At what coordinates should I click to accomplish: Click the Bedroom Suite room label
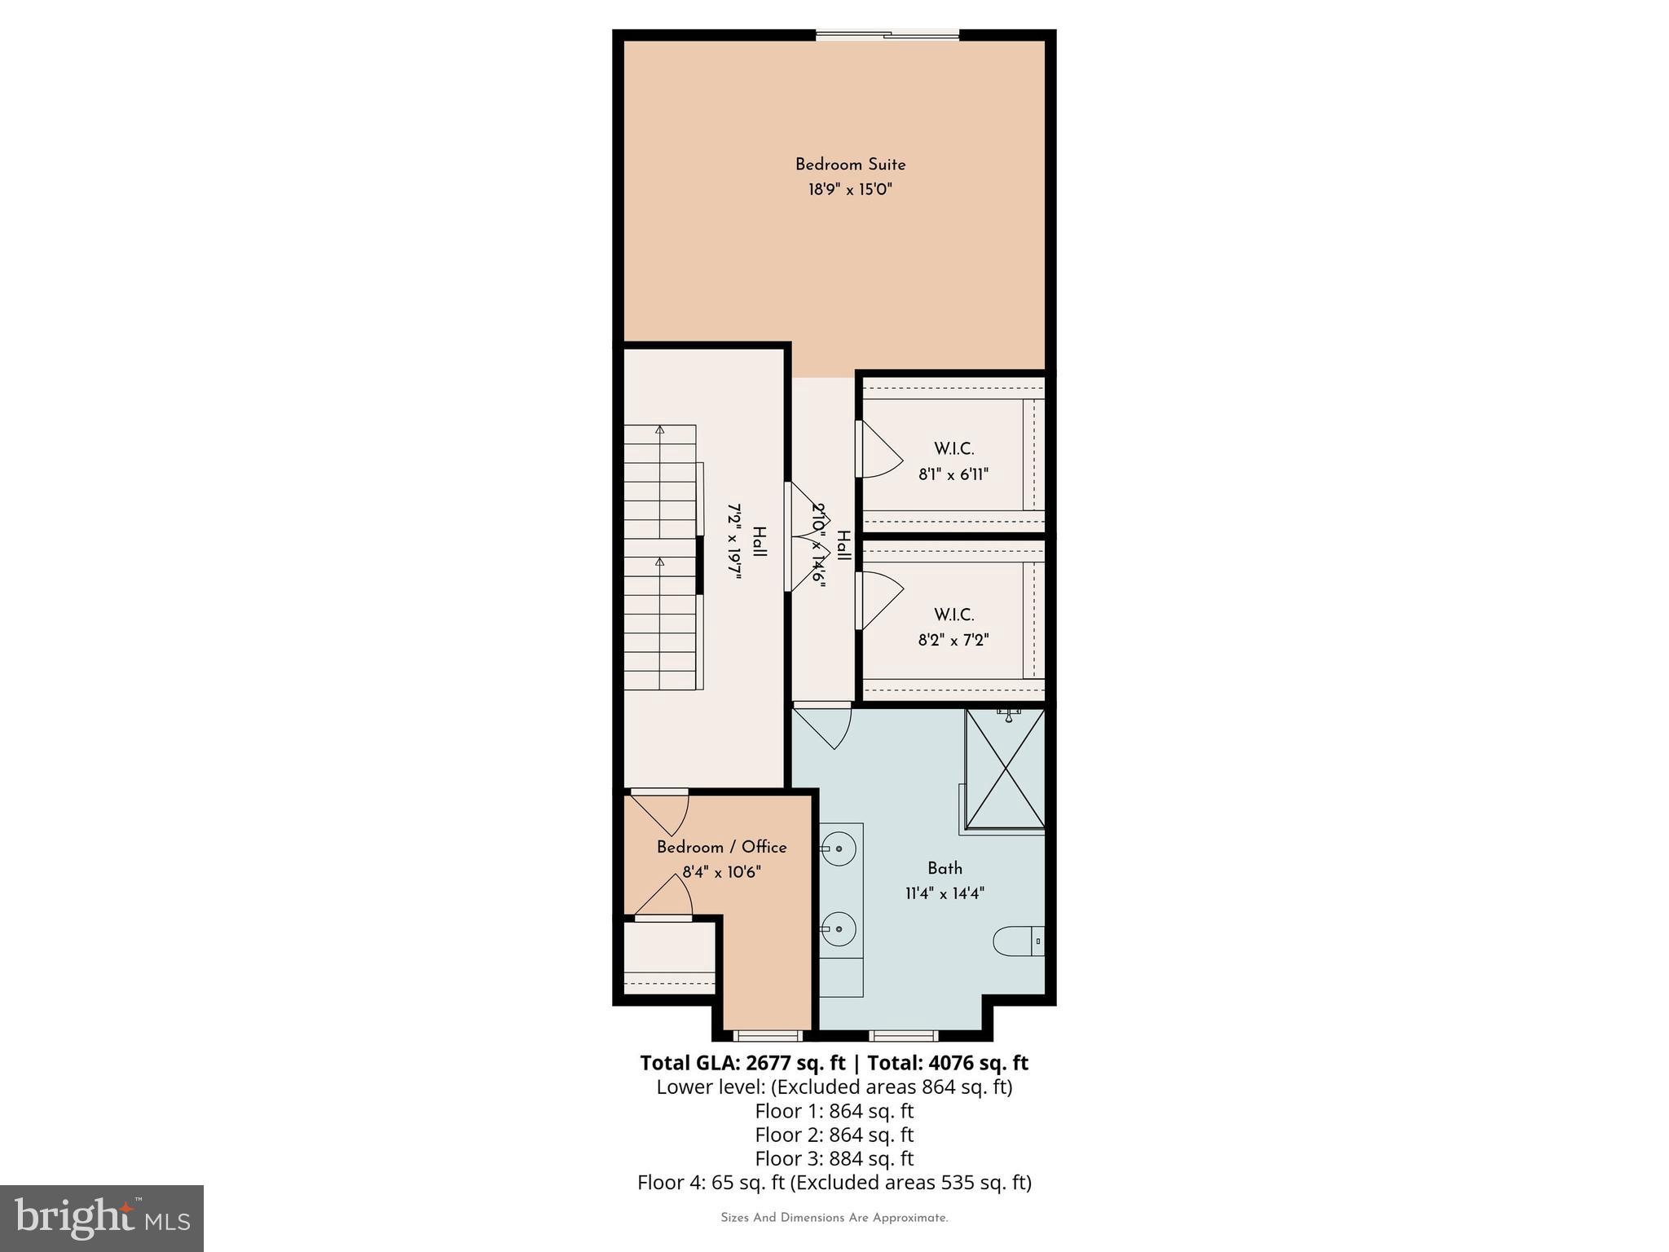pyautogui.click(x=850, y=165)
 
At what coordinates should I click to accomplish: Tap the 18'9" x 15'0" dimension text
pyautogui.click(x=850, y=190)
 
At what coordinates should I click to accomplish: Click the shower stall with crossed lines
pyautogui.click(x=1005, y=769)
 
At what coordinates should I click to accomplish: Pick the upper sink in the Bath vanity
pyautogui.click(x=838, y=849)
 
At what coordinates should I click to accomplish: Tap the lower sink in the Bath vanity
pyautogui.click(x=838, y=929)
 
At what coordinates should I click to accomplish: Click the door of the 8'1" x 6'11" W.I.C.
pyautogui.click(x=879, y=449)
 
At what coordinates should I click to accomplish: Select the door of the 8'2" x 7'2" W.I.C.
pyautogui.click(x=879, y=601)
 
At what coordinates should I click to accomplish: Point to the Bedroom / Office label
pyautogui.click(x=721, y=848)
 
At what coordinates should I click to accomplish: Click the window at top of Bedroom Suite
pyautogui.click(x=887, y=34)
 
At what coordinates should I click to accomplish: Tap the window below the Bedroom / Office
pyautogui.click(x=767, y=1036)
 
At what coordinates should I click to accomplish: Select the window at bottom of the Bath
pyautogui.click(x=903, y=1036)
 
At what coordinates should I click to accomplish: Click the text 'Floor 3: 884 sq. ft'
pyautogui.click(x=834, y=1158)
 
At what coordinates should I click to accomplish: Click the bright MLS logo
pyautogui.click(x=102, y=1218)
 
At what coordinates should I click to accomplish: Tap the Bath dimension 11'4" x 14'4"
pyautogui.click(x=945, y=893)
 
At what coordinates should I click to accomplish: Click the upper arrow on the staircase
pyautogui.click(x=660, y=430)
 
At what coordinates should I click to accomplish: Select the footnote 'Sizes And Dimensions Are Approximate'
pyautogui.click(x=834, y=1218)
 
